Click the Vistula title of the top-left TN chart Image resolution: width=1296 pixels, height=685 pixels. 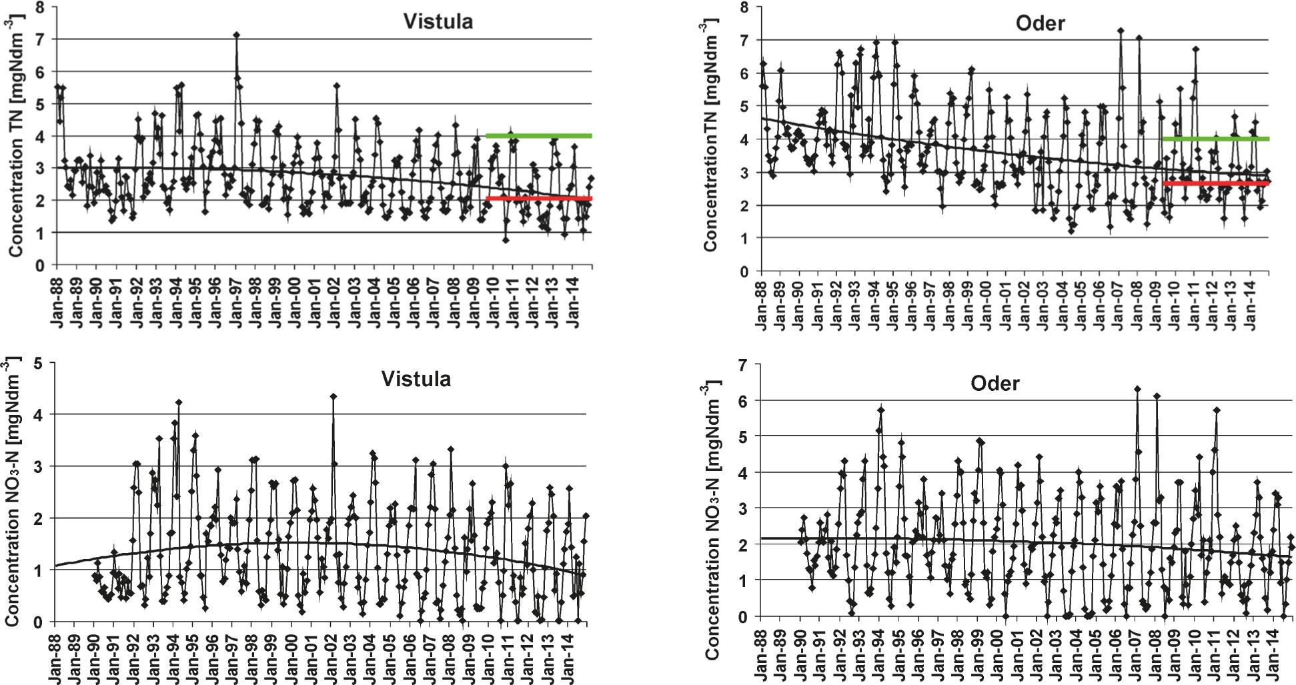pyautogui.click(x=438, y=21)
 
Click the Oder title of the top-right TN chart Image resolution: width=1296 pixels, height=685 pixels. pyautogui.click(x=1040, y=23)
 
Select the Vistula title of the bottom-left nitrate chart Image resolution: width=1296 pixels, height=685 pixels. pyautogui.click(x=416, y=379)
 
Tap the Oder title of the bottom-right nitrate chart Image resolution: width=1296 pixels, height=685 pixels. pyautogui.click(x=995, y=384)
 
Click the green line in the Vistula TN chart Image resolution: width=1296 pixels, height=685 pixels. pyautogui.click(x=539, y=136)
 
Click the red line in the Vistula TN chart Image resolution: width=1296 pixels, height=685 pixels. pyautogui.click(x=539, y=198)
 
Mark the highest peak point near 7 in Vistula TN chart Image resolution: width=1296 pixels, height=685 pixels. pyautogui.click(x=236, y=35)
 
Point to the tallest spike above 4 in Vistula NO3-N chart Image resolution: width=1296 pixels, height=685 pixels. pyautogui.click(x=334, y=396)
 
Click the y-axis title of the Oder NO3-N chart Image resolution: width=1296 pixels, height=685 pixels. pyautogui.click(x=712, y=520)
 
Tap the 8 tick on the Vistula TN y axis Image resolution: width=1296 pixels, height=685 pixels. pyautogui.click(x=40, y=7)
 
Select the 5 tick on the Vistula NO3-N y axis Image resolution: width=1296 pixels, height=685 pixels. pyautogui.click(x=39, y=363)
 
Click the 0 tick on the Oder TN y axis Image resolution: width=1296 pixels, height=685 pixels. pyautogui.click(x=743, y=271)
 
